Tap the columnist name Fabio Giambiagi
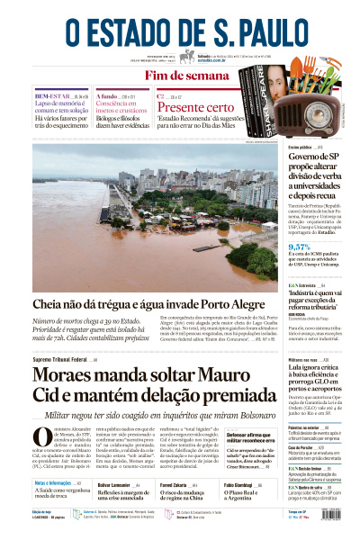[x=217, y=484]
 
